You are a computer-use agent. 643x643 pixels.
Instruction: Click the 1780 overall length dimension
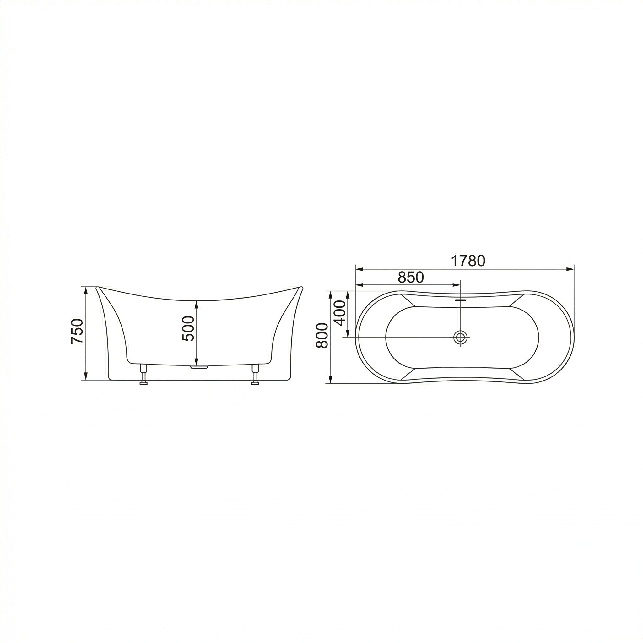click(467, 261)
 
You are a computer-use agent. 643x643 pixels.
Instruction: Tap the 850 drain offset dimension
click(411, 277)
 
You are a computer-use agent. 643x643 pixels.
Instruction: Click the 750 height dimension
click(77, 331)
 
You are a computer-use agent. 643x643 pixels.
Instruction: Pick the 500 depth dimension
click(188, 328)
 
